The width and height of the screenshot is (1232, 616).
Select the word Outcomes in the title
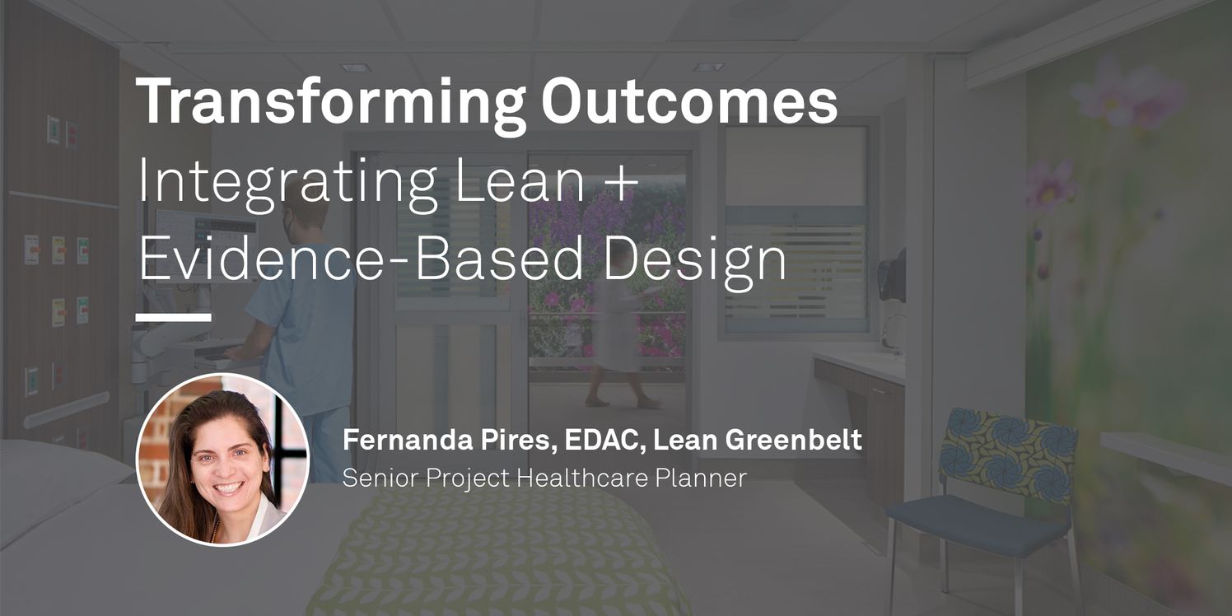689,101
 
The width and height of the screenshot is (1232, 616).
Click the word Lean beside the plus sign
520,180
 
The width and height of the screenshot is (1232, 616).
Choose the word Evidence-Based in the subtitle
361,258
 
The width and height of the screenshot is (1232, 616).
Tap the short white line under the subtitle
173,317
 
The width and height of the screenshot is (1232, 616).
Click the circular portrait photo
222,460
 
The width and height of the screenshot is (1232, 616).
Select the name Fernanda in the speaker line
408,440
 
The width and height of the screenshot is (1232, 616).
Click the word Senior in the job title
380,478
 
